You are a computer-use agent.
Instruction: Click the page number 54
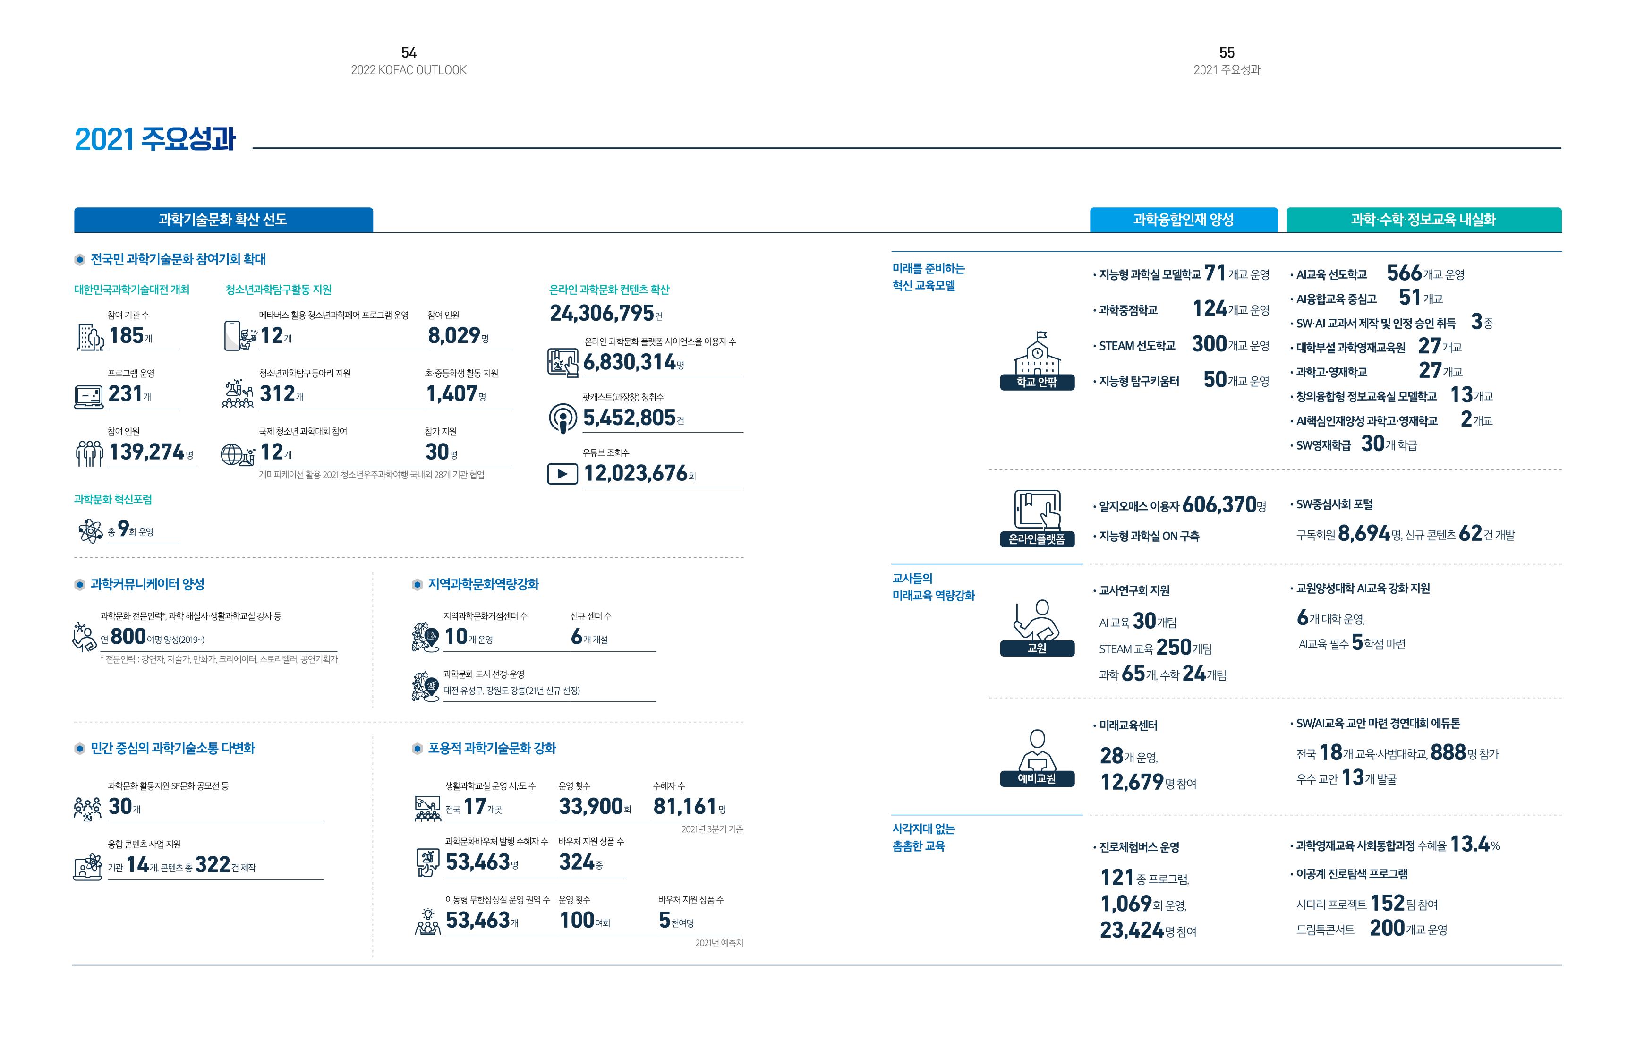pos(409,52)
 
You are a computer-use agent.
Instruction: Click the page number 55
pos(1227,52)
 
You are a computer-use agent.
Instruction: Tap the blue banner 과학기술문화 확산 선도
pos(223,220)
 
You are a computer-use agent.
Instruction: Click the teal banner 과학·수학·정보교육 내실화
pos(1423,220)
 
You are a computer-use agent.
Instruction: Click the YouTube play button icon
pos(562,474)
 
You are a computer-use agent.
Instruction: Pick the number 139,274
pos(146,452)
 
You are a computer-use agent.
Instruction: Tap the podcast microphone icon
pos(562,418)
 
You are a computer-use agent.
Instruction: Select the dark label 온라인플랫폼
pos(1037,539)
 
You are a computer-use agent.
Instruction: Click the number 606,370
pos(1219,505)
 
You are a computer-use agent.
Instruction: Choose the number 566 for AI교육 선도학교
pos(1404,273)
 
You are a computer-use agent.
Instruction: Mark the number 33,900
pos(590,807)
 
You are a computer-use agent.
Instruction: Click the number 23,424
pos(1132,930)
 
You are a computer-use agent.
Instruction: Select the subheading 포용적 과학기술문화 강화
pos(492,748)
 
